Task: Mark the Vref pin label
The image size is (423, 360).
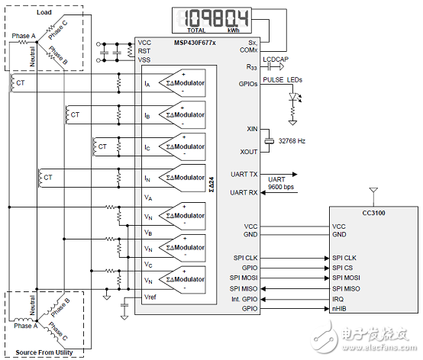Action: pos(150,295)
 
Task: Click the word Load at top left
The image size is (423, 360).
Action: pos(45,13)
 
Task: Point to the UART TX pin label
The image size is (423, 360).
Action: pos(244,174)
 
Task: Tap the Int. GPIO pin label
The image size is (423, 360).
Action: pos(244,299)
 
